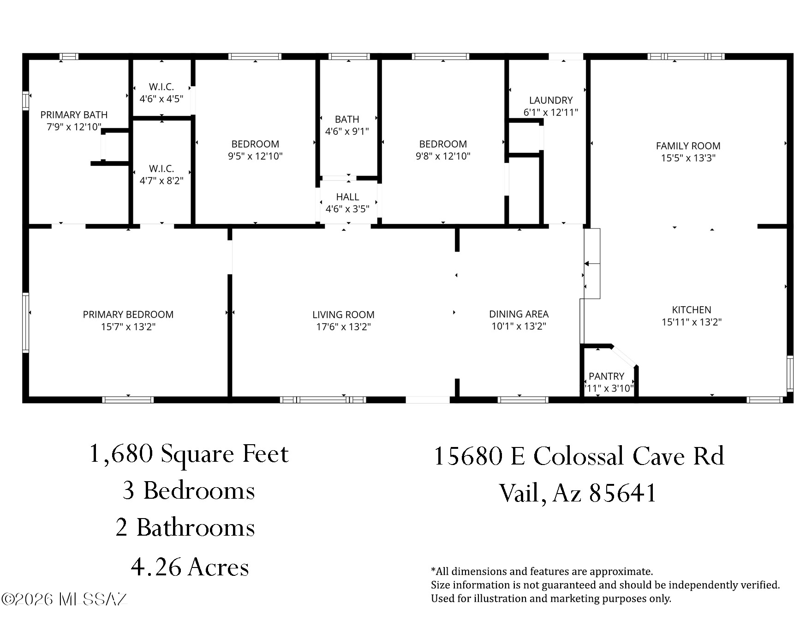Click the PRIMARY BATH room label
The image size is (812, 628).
pyautogui.click(x=74, y=121)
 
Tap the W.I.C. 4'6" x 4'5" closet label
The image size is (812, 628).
pyautogui.click(x=161, y=93)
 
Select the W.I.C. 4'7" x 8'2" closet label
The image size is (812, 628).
pyautogui.click(x=161, y=175)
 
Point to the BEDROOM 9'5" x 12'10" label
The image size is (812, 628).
pyautogui.click(x=255, y=150)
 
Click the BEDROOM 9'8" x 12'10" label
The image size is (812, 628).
pyautogui.click(x=443, y=150)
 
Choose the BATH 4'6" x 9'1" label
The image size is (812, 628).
pyautogui.click(x=347, y=125)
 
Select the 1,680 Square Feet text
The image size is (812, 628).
pyautogui.click(x=189, y=454)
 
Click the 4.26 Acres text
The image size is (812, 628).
pyautogui.click(x=190, y=567)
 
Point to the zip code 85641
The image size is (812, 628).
pyautogui.click(x=623, y=493)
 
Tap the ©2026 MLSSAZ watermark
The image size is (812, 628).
pyautogui.click(x=64, y=599)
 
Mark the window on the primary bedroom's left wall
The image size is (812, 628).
pyautogui.click(x=26, y=323)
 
